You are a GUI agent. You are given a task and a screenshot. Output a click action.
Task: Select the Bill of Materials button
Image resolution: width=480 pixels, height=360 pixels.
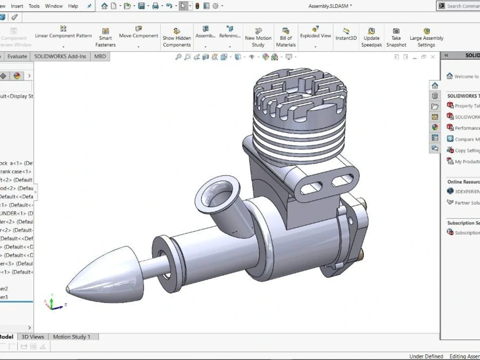click(x=286, y=37)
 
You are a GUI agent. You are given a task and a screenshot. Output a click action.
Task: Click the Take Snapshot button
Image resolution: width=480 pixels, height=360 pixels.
click(x=396, y=37)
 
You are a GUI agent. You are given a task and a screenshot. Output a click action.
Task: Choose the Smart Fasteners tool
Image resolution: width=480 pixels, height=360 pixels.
click(x=105, y=37)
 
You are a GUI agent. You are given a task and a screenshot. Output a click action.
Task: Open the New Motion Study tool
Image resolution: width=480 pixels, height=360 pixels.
click(x=258, y=37)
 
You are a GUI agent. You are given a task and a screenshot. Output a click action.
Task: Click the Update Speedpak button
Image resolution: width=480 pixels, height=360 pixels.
click(x=371, y=37)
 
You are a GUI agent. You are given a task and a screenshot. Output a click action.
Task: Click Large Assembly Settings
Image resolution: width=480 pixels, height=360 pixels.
click(x=426, y=37)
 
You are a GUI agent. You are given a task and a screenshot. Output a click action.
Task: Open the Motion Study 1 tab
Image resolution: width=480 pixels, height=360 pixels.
click(x=72, y=337)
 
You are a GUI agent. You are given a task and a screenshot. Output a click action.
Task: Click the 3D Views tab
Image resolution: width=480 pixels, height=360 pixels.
click(x=33, y=337)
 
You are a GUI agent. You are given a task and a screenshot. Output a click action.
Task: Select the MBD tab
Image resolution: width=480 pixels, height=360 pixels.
click(x=100, y=56)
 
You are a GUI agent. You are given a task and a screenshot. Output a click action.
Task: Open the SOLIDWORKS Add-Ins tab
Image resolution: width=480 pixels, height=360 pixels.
click(x=60, y=56)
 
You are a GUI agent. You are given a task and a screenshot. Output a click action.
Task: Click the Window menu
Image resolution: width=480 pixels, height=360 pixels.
click(x=54, y=6)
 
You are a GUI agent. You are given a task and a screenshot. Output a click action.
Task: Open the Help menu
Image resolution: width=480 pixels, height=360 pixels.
click(x=73, y=6)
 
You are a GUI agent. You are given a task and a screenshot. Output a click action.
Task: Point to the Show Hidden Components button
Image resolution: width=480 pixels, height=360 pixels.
click(x=177, y=37)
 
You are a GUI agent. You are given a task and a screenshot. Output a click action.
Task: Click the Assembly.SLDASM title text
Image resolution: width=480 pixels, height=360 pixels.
click(x=330, y=6)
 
